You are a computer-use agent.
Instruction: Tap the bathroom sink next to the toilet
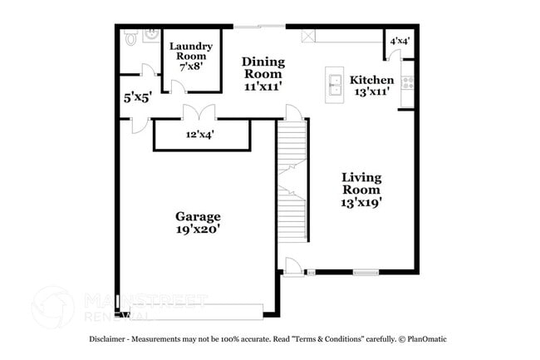(152, 34)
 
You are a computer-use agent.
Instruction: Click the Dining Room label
(263, 68)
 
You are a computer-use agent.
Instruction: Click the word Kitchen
(371, 80)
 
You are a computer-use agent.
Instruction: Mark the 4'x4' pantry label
(400, 41)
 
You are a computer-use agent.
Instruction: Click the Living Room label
(361, 184)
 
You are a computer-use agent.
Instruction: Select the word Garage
(197, 217)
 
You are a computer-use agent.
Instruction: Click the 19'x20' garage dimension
(197, 233)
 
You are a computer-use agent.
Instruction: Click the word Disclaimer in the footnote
(112, 340)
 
